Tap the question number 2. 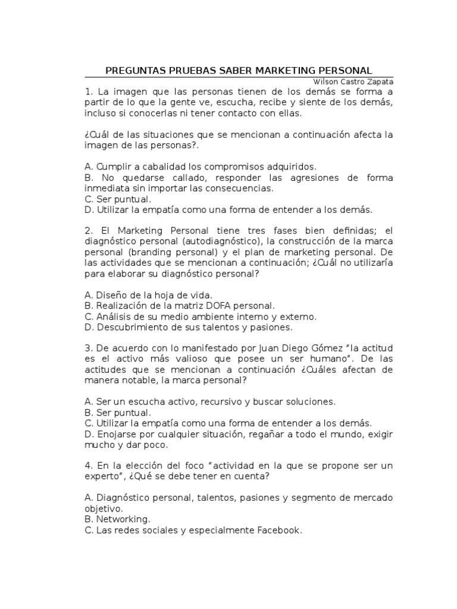pos(88,231)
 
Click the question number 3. pos(88,349)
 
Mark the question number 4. pos(88,466)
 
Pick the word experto pos(102,477)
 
